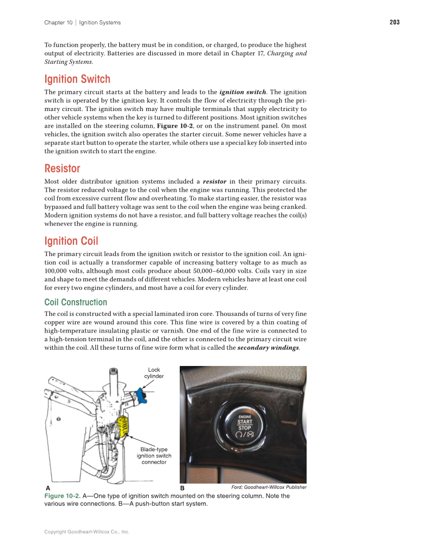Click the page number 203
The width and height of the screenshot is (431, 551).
(x=394, y=22)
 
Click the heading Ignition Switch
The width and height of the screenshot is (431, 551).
(x=77, y=79)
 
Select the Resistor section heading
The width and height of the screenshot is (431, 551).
(x=62, y=168)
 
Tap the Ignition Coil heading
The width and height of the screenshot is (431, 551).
(x=71, y=241)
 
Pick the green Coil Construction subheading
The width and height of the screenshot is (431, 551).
(x=76, y=302)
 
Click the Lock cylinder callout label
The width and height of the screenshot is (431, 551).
(x=154, y=373)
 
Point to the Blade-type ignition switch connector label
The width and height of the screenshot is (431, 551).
(x=154, y=456)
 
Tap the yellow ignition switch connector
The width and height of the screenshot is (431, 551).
(x=122, y=427)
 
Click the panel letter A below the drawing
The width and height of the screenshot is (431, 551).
(x=48, y=488)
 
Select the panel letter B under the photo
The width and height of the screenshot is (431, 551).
(x=182, y=488)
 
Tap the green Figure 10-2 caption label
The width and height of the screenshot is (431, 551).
(x=62, y=496)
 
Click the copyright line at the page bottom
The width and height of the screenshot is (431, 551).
(x=87, y=532)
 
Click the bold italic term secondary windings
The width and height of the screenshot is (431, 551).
(x=268, y=348)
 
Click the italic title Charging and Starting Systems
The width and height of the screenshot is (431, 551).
(x=287, y=53)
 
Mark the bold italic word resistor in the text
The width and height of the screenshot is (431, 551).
(x=214, y=181)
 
